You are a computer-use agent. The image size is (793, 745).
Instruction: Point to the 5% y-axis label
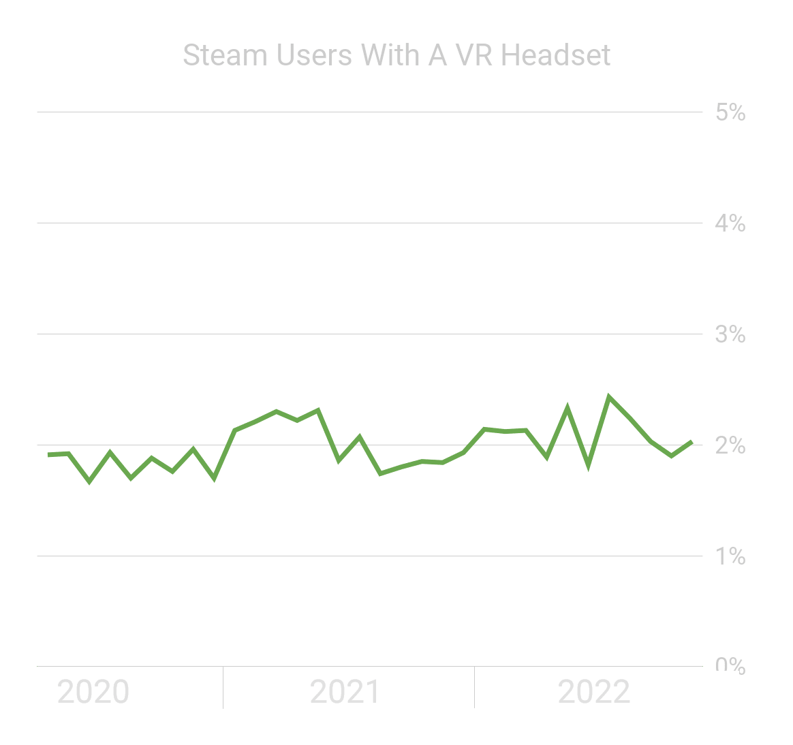tap(730, 112)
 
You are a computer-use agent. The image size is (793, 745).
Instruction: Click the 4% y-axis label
tap(730, 223)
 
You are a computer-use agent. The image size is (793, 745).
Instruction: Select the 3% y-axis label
tap(730, 334)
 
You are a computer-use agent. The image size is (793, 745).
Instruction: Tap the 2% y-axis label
tap(730, 446)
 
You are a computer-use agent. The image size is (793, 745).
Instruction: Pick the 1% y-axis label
tap(730, 557)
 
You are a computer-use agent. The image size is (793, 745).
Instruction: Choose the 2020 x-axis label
tap(93, 693)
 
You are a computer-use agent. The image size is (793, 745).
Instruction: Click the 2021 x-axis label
tap(345, 693)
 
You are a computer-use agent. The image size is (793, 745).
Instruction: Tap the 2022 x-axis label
tap(594, 693)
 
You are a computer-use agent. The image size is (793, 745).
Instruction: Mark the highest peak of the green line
tap(608, 396)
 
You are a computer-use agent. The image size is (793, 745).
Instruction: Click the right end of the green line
tap(691, 442)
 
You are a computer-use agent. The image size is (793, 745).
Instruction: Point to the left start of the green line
tap(48, 454)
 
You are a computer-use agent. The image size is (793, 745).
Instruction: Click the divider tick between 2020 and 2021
tap(223, 688)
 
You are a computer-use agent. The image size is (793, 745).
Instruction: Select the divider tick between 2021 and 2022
tap(474, 688)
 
